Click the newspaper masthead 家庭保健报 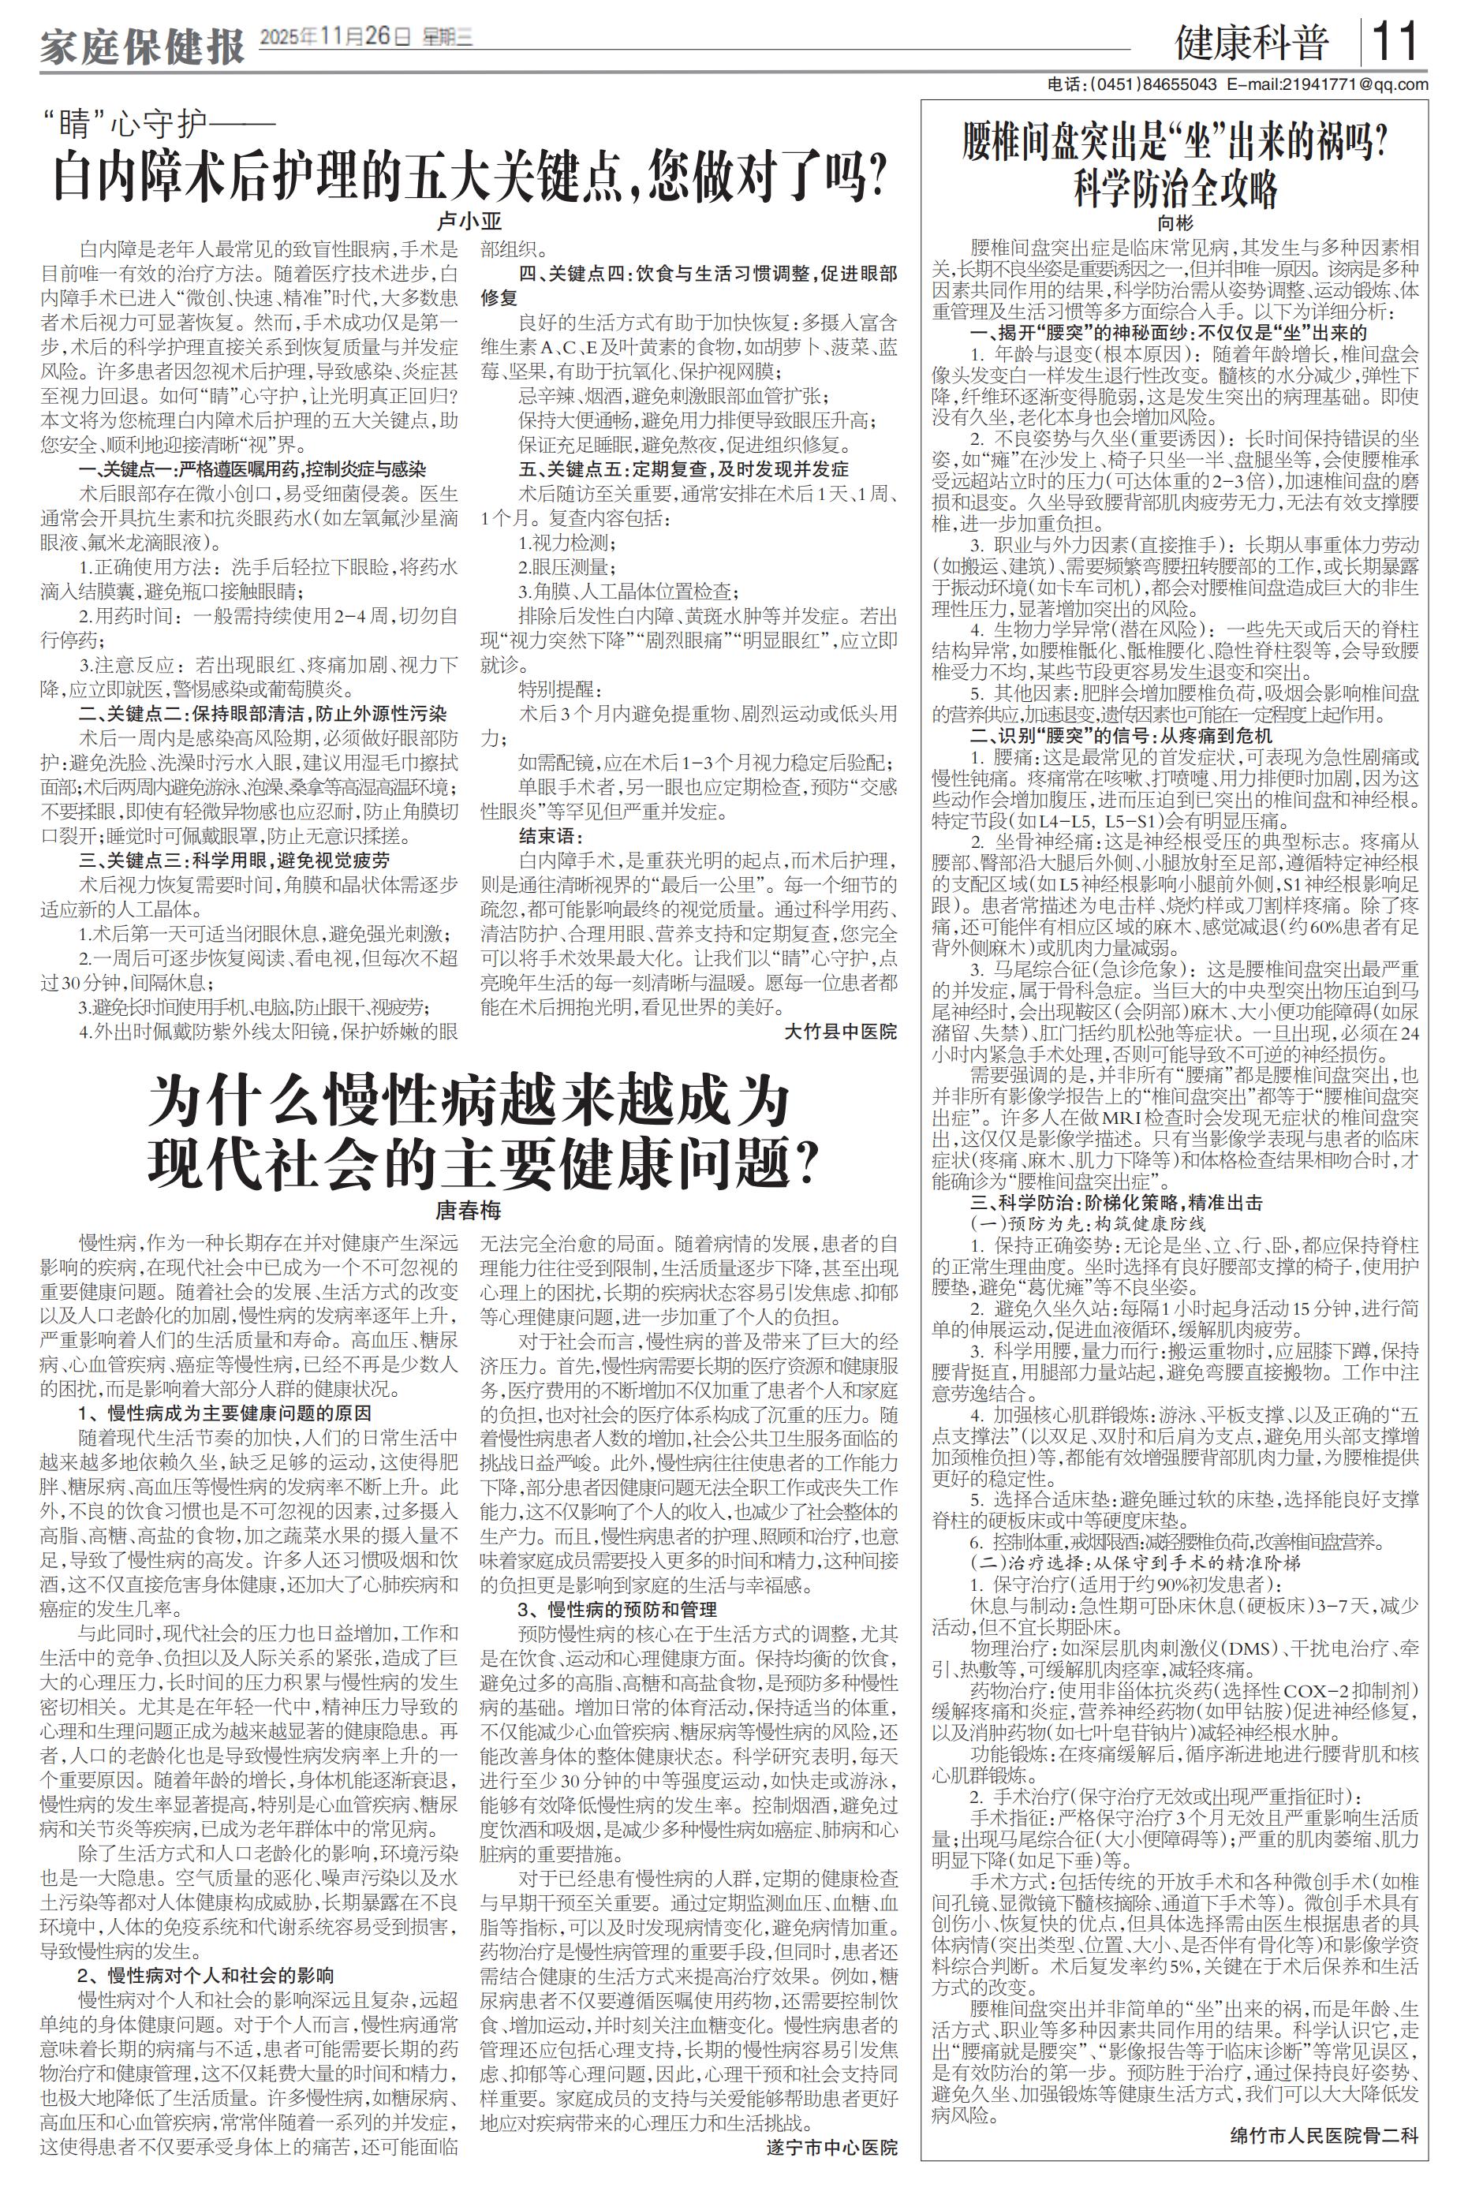(x=142, y=46)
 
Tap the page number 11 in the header (x=1396, y=42)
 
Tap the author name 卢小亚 (x=470, y=222)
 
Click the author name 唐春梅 (x=469, y=1211)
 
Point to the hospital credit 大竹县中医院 (x=840, y=1032)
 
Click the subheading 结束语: (x=551, y=835)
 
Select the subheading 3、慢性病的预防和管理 (x=617, y=1609)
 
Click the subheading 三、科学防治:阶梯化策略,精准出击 (x=1115, y=1203)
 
